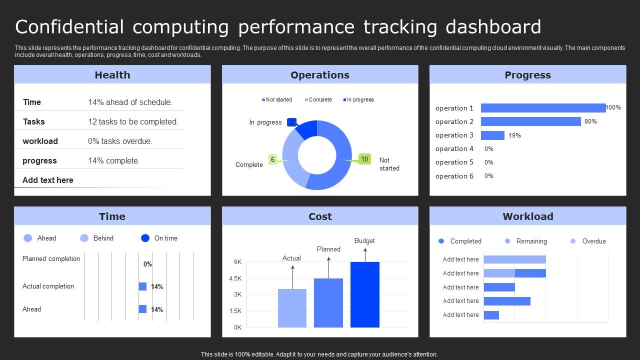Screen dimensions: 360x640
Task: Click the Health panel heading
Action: [x=112, y=75]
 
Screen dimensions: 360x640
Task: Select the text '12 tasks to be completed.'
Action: [x=133, y=121]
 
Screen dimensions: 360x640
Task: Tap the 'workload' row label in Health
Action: [x=40, y=141]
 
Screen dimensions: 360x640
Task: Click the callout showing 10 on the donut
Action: [x=364, y=159]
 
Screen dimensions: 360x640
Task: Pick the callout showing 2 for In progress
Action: [x=292, y=122]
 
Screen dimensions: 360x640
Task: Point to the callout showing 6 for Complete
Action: [x=272, y=159]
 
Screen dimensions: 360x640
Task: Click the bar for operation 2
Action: [x=530, y=121]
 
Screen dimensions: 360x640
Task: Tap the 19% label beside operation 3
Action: [x=514, y=135]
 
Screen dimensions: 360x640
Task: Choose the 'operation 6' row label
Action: [x=454, y=176]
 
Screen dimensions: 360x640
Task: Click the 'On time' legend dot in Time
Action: [x=145, y=238]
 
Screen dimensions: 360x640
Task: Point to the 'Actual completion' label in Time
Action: [x=48, y=286]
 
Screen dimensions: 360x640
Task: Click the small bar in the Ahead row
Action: [x=142, y=309]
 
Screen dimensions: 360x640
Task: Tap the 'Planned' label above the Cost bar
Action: [x=328, y=249]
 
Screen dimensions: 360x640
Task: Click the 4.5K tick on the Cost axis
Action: [x=235, y=278]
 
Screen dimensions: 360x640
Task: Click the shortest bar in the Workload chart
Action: [x=491, y=315]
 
